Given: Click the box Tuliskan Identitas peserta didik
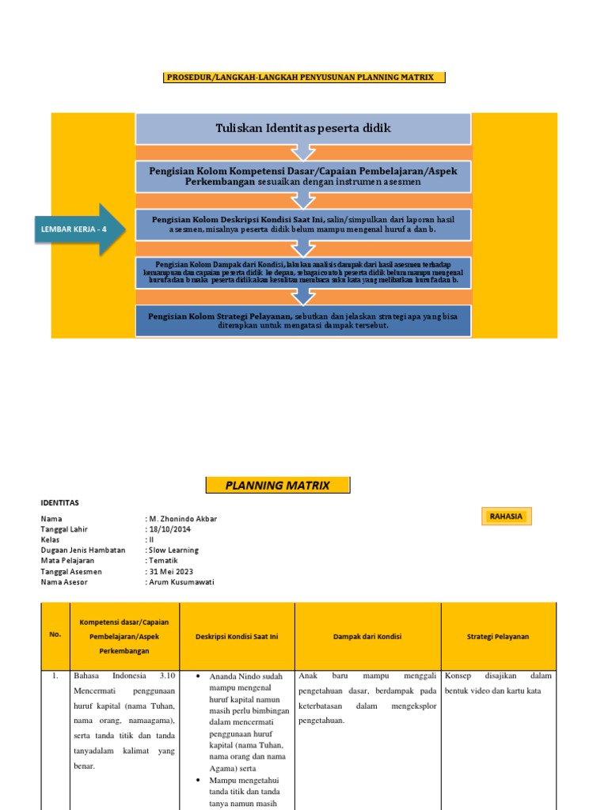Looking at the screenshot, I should [303, 128].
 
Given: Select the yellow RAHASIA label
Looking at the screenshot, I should [506, 517].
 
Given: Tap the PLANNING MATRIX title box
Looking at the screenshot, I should [277, 486].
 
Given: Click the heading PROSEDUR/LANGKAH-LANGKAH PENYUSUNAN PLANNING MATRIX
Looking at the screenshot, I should [304, 77].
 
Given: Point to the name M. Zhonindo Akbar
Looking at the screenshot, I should [183, 519].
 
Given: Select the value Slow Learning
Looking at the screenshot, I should [174, 550].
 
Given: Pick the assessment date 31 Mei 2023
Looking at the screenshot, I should [172, 571].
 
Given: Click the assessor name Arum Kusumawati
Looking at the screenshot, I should [181, 582].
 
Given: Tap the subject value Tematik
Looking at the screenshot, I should [164, 561].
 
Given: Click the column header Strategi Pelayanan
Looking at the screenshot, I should [498, 636].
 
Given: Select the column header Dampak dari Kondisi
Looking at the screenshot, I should [367, 636].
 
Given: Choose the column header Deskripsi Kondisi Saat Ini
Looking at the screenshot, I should [237, 636].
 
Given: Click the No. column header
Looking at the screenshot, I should [55, 634].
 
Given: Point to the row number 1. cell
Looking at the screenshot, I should [55, 676].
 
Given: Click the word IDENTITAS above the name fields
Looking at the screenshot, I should [60, 502].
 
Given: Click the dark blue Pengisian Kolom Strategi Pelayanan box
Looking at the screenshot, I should [303, 320].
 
